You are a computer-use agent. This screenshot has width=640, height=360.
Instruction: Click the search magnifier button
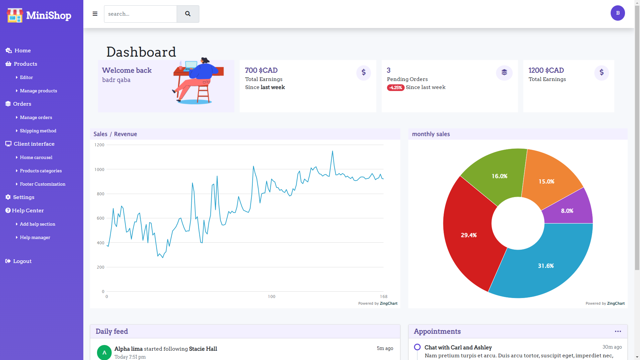pyautogui.click(x=188, y=14)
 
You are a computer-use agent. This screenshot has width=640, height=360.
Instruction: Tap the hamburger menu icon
pyautogui.click(x=95, y=14)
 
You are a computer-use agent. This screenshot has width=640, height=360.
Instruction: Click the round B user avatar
pyautogui.click(x=617, y=13)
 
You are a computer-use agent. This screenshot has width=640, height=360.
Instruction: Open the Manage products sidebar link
pyautogui.click(x=38, y=91)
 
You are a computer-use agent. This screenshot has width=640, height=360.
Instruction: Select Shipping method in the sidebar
pyautogui.click(x=38, y=131)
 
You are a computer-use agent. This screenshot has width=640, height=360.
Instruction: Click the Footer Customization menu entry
pyautogui.click(x=42, y=184)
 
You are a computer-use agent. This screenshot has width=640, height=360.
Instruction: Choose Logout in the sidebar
pyautogui.click(x=22, y=261)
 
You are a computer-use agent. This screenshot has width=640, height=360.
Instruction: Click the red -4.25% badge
pyautogui.click(x=395, y=88)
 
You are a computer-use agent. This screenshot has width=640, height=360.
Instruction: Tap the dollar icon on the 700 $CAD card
pyautogui.click(x=363, y=73)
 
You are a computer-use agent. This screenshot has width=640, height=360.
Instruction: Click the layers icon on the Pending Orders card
pyautogui.click(x=504, y=73)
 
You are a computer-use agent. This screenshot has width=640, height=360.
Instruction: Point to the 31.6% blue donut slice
pyautogui.click(x=546, y=266)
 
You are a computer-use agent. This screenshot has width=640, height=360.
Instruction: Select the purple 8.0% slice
pyautogui.click(x=567, y=211)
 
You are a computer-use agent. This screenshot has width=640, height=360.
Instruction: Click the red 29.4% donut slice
pyautogui.click(x=469, y=235)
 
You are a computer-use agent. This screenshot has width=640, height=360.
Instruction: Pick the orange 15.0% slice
pyautogui.click(x=546, y=181)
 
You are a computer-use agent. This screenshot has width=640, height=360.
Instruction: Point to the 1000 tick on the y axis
pyautogui.click(x=99, y=170)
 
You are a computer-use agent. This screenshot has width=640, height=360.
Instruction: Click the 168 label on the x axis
pyautogui.click(x=383, y=297)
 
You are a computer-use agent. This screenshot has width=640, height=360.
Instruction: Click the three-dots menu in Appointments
pyautogui.click(x=618, y=331)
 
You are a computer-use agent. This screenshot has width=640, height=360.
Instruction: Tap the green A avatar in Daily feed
pyautogui.click(x=104, y=352)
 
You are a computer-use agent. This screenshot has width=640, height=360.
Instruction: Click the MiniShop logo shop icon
pyautogui.click(x=15, y=15)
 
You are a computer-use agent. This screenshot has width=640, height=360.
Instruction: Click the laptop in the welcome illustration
pyautogui.click(x=191, y=65)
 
